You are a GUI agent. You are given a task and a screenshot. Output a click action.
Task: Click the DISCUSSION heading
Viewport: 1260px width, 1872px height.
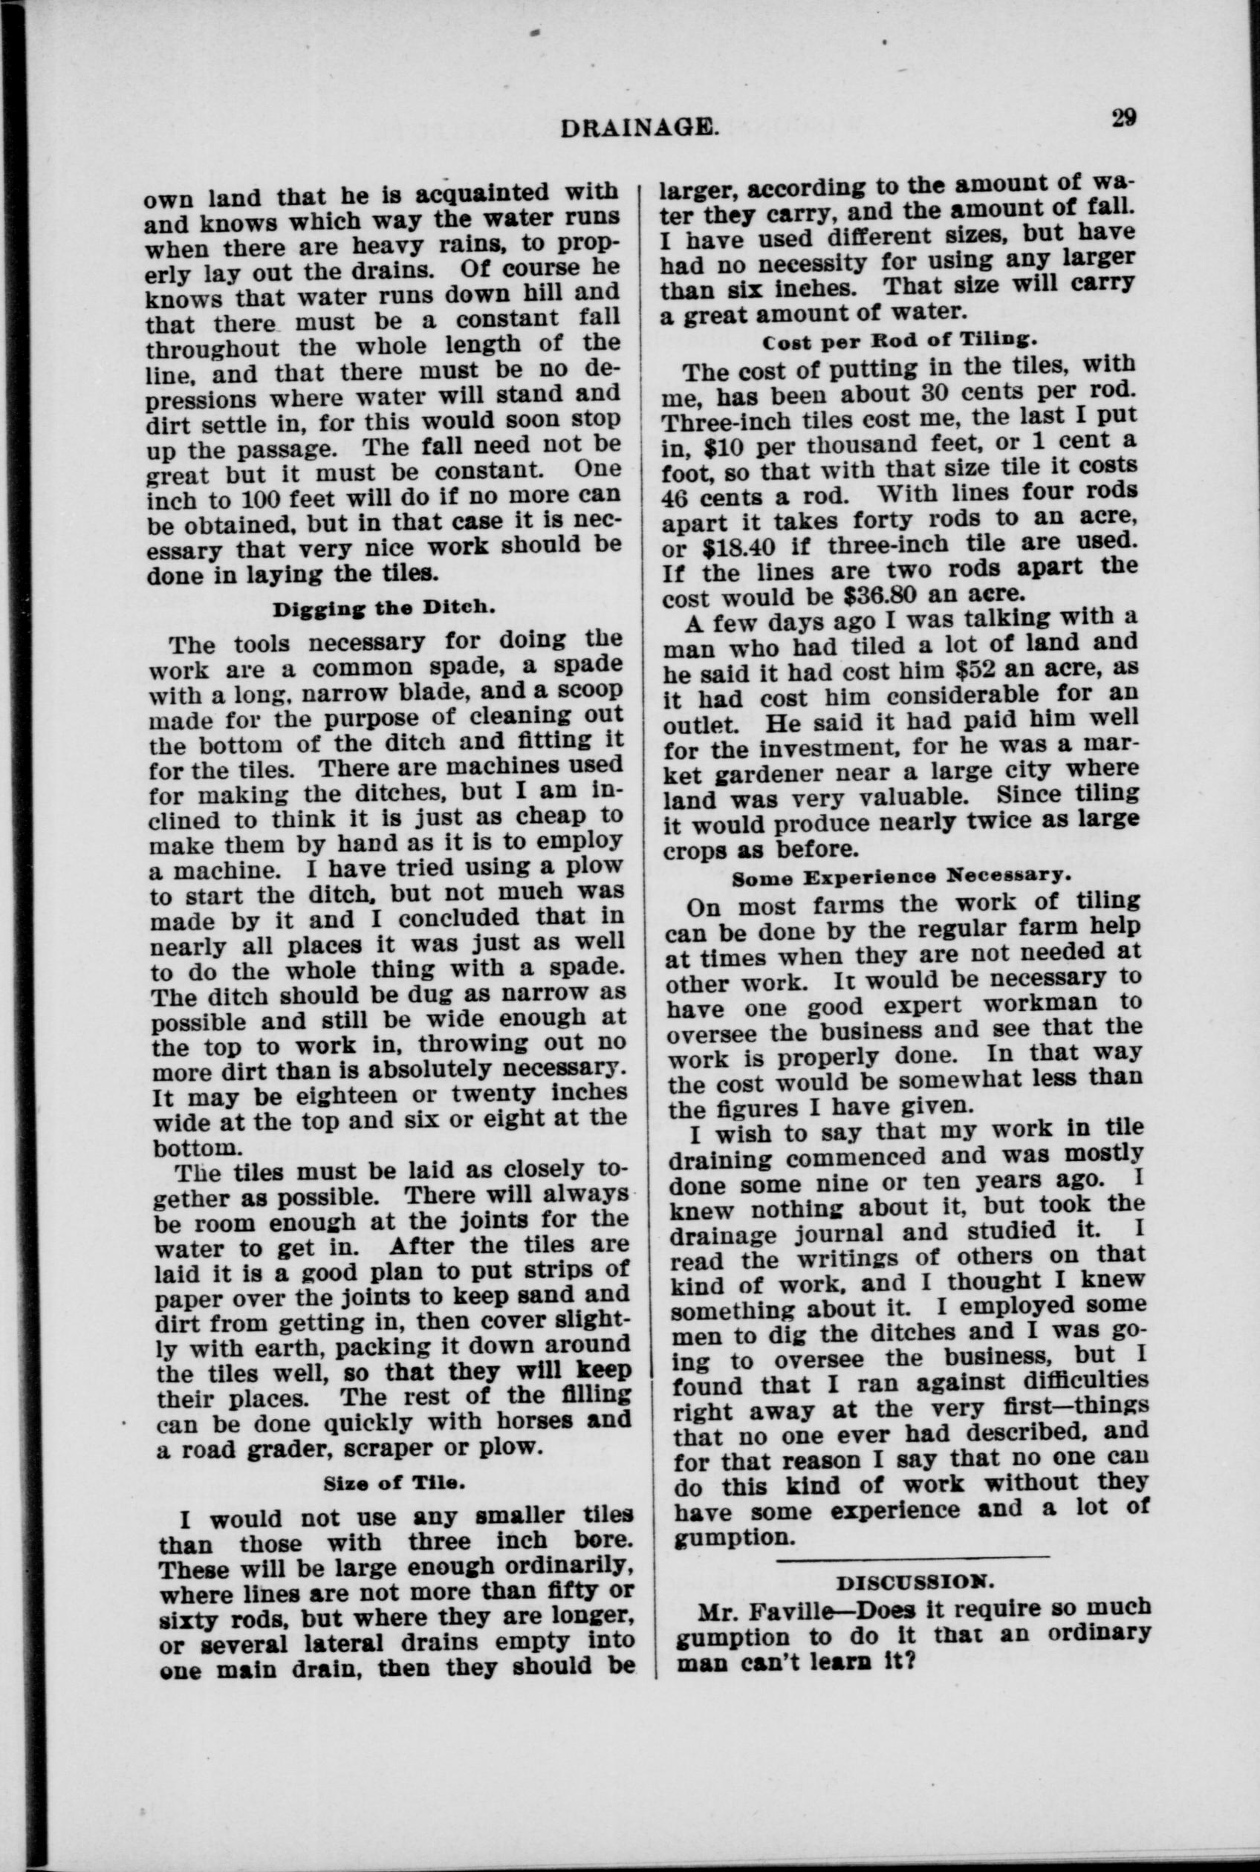pos(915,1583)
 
